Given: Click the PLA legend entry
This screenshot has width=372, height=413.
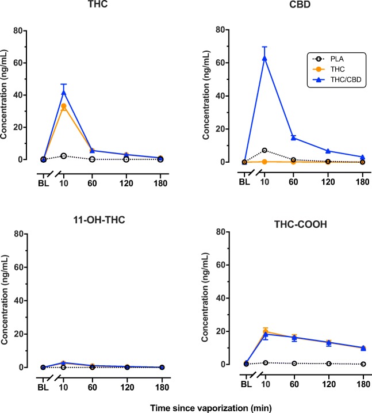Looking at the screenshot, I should pos(333,58).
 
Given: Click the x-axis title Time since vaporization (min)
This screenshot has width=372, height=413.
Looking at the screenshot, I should pos(186,406).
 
